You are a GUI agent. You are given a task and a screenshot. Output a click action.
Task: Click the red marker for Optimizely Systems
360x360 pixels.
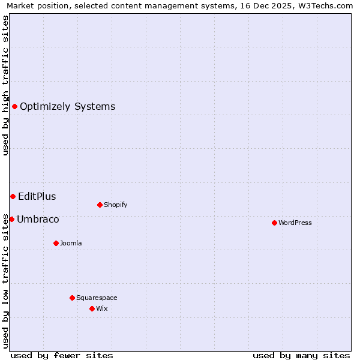pos(14,107)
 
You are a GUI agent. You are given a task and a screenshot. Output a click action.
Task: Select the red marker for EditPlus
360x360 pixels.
pos(13,196)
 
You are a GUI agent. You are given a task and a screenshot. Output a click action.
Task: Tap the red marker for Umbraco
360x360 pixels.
pos(11,219)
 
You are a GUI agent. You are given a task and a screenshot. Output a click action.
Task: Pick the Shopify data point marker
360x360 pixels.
pos(100,205)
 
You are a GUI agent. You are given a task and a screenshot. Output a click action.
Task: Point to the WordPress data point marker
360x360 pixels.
pos(274,223)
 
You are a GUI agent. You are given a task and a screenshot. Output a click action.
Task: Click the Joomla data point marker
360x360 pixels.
pos(56,243)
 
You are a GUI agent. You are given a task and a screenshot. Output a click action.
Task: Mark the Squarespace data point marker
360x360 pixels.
pos(72,298)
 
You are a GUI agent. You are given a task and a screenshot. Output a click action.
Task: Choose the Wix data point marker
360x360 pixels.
pos(92,308)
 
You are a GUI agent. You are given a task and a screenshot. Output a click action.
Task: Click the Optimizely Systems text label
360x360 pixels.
pos(67,107)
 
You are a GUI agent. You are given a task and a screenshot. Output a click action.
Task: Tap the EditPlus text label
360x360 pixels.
pos(37,196)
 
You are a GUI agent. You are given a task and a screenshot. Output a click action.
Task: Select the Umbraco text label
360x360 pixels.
pos(38,219)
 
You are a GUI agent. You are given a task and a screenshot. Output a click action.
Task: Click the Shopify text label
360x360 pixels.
pos(115,205)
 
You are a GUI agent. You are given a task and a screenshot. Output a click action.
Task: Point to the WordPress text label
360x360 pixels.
pos(295,223)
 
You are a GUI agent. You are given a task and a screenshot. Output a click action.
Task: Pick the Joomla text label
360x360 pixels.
pos(71,243)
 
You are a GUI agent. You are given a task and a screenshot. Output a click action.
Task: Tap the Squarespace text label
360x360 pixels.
pos(97,298)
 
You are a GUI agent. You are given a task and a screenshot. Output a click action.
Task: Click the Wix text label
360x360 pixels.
pos(101,308)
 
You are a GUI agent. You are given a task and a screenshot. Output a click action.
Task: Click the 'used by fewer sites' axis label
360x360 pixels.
pos(62,355)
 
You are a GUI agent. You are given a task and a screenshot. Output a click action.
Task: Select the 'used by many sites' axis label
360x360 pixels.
pos(301,355)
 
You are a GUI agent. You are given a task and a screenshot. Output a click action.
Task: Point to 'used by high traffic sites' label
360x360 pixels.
pos(5,85)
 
